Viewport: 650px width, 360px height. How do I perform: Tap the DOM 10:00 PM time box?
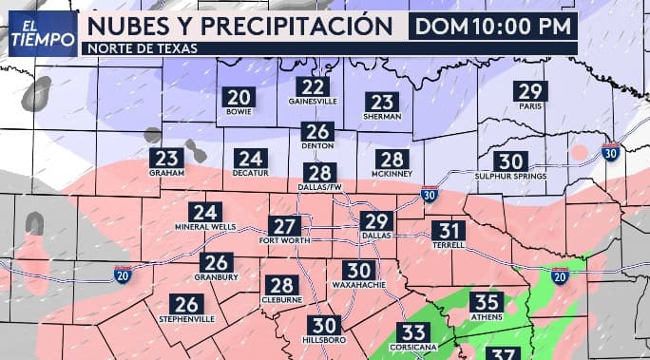tap(493, 26)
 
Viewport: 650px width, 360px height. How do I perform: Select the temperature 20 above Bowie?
tap(239, 97)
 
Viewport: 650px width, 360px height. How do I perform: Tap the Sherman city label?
tap(382, 117)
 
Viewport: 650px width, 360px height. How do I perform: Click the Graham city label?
tap(166, 174)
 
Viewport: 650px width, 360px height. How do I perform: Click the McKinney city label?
tap(392, 174)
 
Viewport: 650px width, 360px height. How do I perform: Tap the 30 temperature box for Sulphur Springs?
tap(510, 161)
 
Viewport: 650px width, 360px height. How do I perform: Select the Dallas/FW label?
tap(321, 187)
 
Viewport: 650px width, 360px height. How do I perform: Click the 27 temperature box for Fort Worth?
tap(284, 226)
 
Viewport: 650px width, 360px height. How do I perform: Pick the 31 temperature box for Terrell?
tap(449, 231)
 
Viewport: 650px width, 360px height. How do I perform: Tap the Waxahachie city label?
tap(357, 284)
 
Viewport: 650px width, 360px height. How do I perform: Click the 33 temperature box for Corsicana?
tap(412, 332)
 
